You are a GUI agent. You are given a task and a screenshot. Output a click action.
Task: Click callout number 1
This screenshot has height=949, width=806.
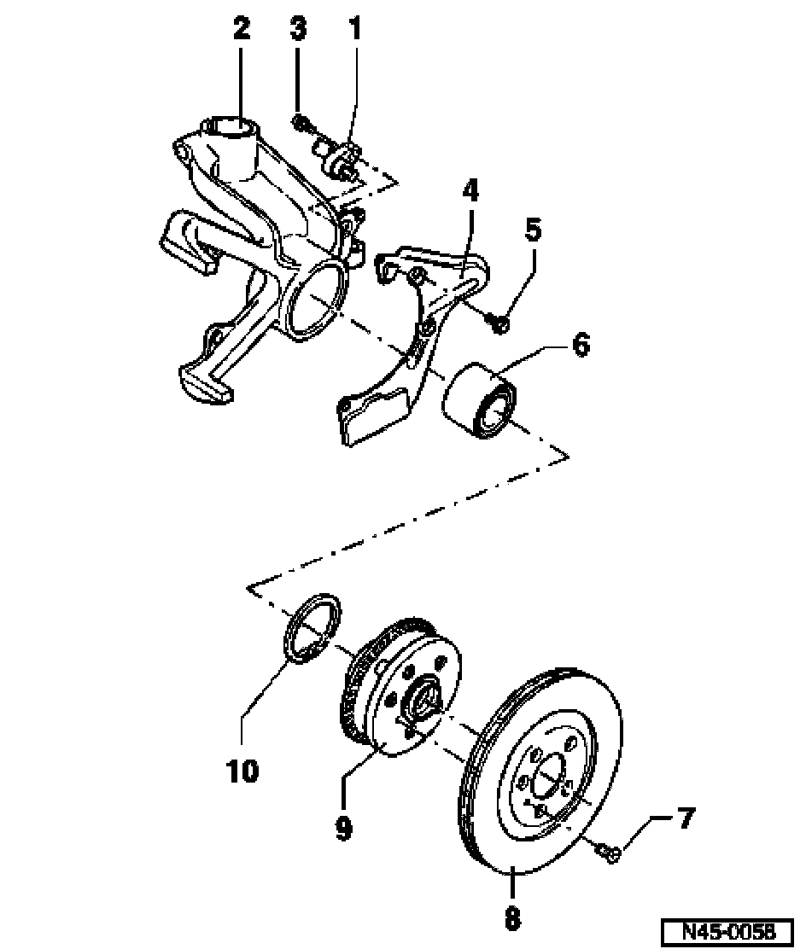coord(355,28)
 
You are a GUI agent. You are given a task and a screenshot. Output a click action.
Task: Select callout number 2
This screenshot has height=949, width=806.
coord(241,28)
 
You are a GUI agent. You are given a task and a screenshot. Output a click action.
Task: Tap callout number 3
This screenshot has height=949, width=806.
coord(297,28)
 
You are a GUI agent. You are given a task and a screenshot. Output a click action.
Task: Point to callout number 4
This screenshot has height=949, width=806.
coord(470,190)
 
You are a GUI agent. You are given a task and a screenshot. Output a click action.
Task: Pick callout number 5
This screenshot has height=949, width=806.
coord(533,230)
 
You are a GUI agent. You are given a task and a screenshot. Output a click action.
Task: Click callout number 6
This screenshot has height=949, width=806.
coord(581,346)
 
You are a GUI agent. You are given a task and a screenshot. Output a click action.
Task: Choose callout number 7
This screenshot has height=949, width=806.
coord(686,818)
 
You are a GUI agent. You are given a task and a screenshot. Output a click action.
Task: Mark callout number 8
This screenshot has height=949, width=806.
coord(512,917)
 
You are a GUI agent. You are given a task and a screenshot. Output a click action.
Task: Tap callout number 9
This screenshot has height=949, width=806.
coord(343,829)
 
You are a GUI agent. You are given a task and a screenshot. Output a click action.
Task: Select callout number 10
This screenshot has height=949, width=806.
coord(242,771)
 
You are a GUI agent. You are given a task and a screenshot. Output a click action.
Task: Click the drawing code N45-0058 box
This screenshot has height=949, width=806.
coord(727,930)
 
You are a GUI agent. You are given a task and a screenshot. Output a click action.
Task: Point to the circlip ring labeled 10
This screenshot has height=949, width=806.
coord(312,629)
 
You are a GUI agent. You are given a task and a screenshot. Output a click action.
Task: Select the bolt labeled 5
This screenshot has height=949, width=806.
coord(499,324)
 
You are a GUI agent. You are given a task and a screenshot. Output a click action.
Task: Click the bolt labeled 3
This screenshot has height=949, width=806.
coord(301,124)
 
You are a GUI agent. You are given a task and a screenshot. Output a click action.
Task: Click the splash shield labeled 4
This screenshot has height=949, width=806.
coord(415,342)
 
